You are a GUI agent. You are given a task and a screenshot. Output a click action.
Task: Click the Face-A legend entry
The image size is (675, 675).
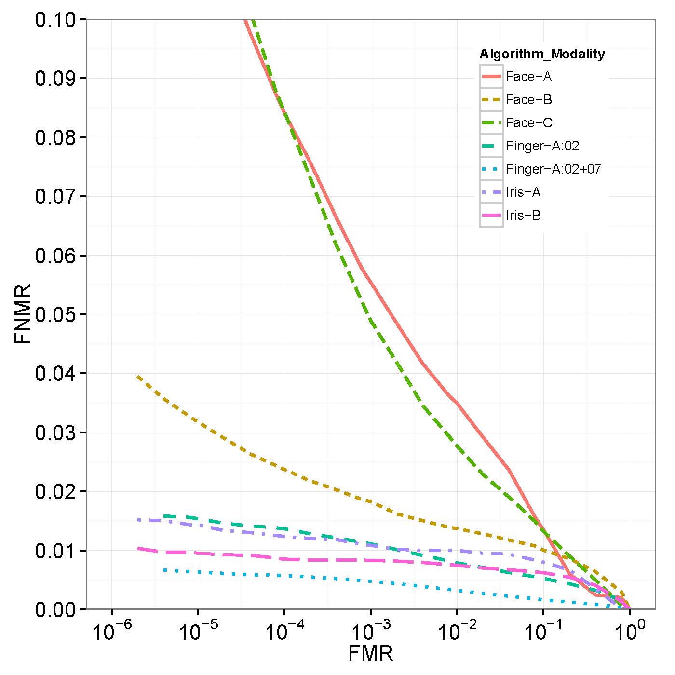tap(528, 77)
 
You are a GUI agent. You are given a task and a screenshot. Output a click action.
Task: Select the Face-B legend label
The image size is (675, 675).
tap(528, 100)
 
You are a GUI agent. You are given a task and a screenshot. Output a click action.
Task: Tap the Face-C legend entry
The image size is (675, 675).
tap(529, 123)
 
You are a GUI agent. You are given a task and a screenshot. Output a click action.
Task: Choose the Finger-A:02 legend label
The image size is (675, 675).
tap(542, 146)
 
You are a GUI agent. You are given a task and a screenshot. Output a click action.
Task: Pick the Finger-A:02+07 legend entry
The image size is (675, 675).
tap(553, 169)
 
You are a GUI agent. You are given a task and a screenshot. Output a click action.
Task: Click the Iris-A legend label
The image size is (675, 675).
tap(523, 192)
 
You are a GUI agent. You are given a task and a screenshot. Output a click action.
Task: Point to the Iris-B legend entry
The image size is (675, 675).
tap(523, 216)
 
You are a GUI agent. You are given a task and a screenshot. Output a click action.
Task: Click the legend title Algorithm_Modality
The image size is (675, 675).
tap(542, 54)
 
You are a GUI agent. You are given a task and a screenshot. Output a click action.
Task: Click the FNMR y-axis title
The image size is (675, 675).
tap(23, 314)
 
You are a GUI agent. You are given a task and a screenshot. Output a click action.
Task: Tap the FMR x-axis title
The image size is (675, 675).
tap(370, 654)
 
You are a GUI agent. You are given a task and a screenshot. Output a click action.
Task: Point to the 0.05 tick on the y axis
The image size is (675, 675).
tap(54, 314)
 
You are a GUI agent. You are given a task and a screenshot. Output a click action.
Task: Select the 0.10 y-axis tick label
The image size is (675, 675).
tap(54, 20)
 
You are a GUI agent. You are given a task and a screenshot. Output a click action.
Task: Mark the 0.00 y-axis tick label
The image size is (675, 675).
tap(54, 610)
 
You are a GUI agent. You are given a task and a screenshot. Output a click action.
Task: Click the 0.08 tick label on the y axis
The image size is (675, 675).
tap(54, 137)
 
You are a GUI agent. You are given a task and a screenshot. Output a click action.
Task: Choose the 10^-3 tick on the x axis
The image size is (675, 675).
tap(370, 632)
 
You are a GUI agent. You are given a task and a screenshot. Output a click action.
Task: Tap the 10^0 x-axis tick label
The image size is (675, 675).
tap(629, 632)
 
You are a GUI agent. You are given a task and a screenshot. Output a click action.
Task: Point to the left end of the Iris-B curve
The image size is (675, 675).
tap(138, 548)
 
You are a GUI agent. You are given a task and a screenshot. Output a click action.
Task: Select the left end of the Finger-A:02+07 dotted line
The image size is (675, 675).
tap(164, 570)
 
